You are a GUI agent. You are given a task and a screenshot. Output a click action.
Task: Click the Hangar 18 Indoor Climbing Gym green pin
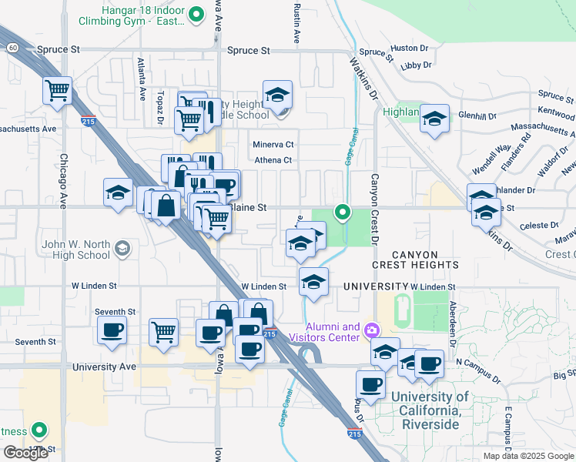(x=196, y=13)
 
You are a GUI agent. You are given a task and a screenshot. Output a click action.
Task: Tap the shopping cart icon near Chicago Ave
(x=58, y=90)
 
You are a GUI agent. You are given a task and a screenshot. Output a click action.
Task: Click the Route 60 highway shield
(x=13, y=48)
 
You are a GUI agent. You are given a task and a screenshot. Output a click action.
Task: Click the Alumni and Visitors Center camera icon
(x=372, y=331)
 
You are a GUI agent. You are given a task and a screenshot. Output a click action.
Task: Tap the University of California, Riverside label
(x=429, y=410)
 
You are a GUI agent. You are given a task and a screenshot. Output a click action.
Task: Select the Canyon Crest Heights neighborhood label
(x=415, y=259)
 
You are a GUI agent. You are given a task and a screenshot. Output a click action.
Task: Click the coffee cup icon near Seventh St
(x=112, y=331)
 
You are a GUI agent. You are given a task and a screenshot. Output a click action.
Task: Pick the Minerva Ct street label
(x=273, y=144)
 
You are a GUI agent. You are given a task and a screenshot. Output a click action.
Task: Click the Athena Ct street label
(x=273, y=160)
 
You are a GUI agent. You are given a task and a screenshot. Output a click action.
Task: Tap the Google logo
(x=25, y=453)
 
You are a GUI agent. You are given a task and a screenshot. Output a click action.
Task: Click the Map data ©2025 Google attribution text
(x=528, y=456)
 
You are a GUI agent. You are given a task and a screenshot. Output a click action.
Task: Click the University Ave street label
(x=104, y=367)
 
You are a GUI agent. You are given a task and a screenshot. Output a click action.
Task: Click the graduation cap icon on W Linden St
(x=313, y=283)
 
